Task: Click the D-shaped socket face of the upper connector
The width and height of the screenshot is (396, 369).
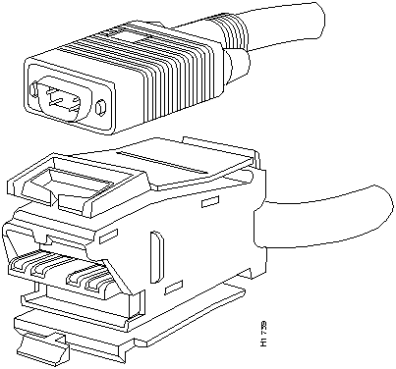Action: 64,97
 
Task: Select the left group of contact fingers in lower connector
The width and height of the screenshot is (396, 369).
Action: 41,267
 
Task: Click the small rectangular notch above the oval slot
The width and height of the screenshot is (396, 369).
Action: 208,203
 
